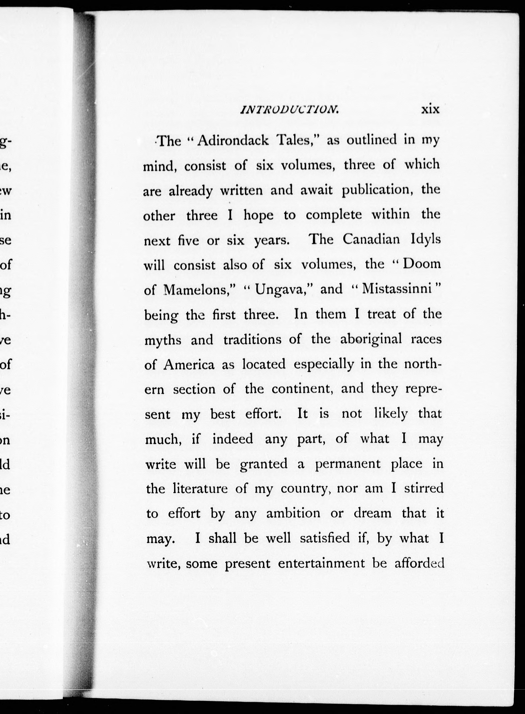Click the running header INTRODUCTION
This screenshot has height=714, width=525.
[290, 110]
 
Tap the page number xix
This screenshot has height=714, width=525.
[430, 109]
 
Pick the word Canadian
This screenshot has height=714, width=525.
[371, 239]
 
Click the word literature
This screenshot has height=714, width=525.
[200, 489]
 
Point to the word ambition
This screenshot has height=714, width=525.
[293, 513]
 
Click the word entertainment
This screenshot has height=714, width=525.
[321, 563]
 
